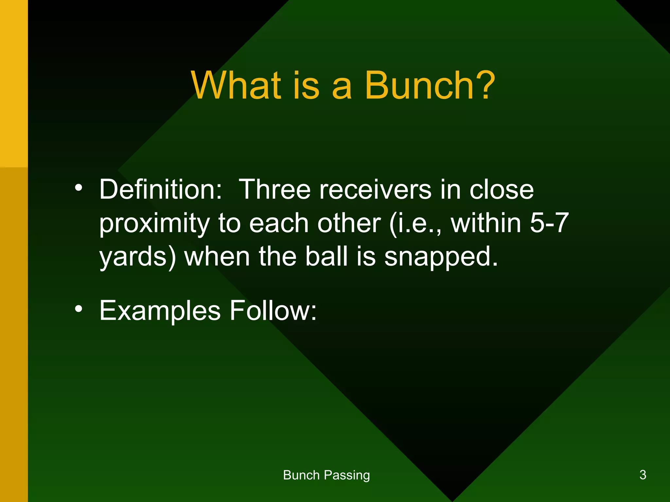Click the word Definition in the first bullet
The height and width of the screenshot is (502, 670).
[161, 190]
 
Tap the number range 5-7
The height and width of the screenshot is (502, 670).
[549, 223]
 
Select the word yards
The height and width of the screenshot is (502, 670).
[137, 258]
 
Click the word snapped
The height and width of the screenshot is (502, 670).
[441, 258]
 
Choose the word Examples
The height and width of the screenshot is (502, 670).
[160, 311]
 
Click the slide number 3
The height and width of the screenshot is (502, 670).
[643, 475]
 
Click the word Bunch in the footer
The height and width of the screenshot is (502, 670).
[301, 475]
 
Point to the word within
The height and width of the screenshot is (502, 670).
[486, 223]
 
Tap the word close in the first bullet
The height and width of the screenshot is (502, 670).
[502, 190]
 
